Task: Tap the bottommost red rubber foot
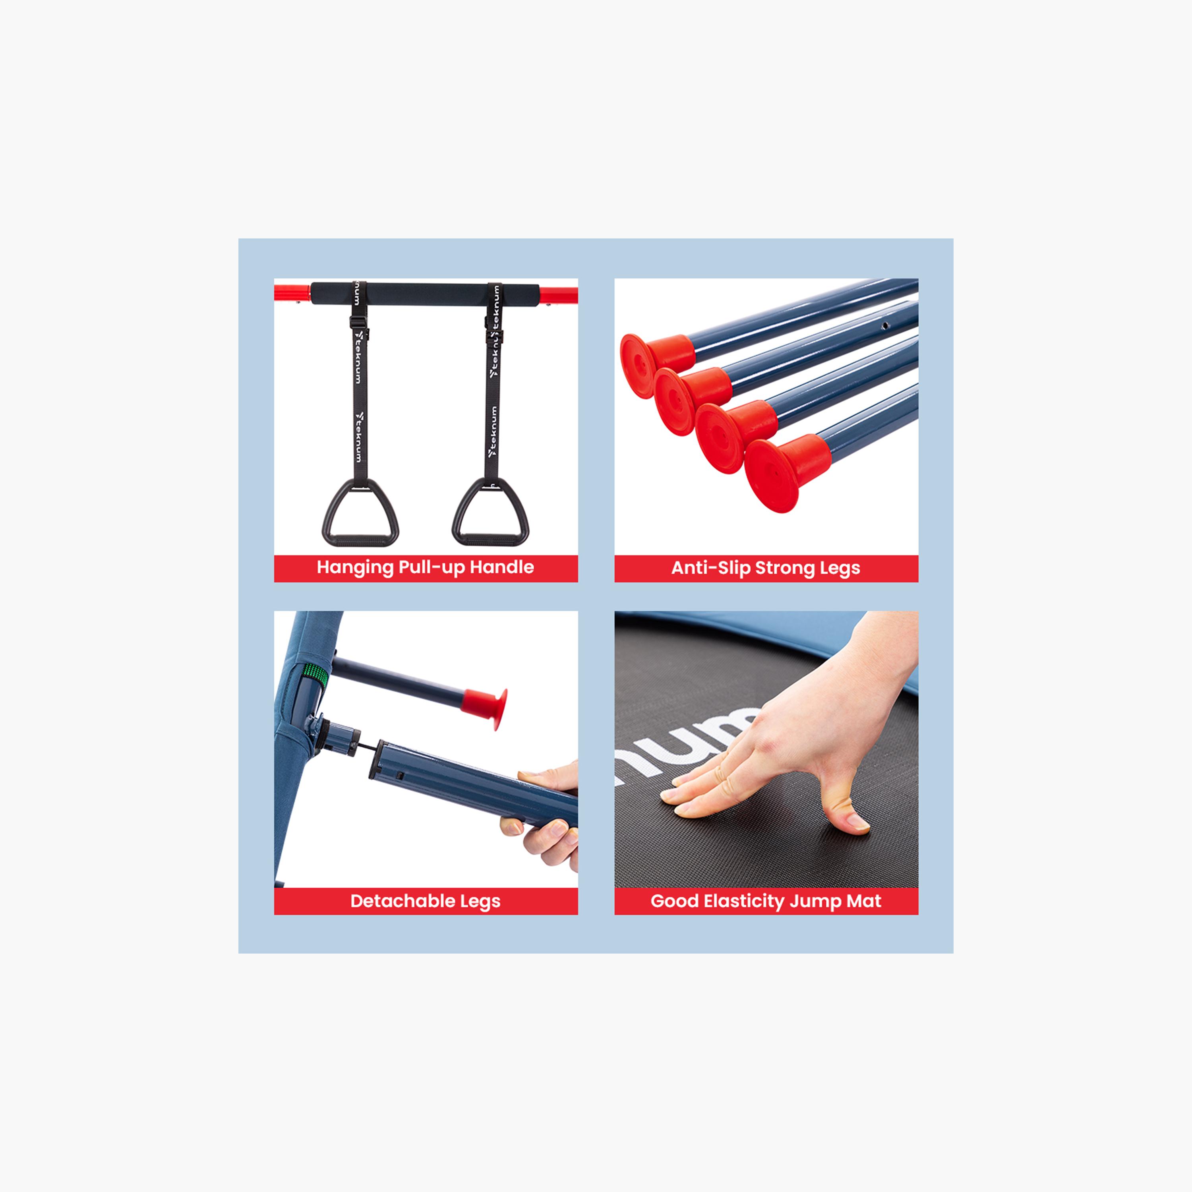tap(787, 472)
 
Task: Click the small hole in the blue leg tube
tap(885, 325)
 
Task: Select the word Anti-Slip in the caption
tap(711, 568)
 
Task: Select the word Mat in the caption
tap(864, 901)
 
